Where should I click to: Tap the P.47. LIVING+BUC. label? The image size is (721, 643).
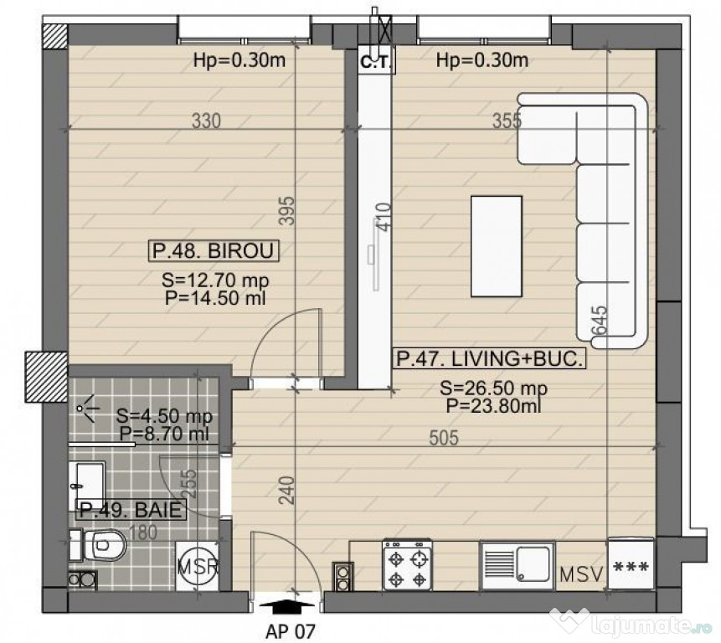click(x=489, y=359)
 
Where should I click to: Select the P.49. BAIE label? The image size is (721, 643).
click(x=130, y=509)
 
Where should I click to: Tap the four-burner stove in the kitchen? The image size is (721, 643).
click(x=408, y=567)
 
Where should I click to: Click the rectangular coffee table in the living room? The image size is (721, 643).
click(x=497, y=245)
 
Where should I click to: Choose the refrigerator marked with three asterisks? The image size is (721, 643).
click(x=631, y=566)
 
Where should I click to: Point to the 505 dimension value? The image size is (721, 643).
click(x=443, y=440)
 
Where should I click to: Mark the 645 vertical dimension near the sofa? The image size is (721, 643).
click(x=600, y=319)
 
